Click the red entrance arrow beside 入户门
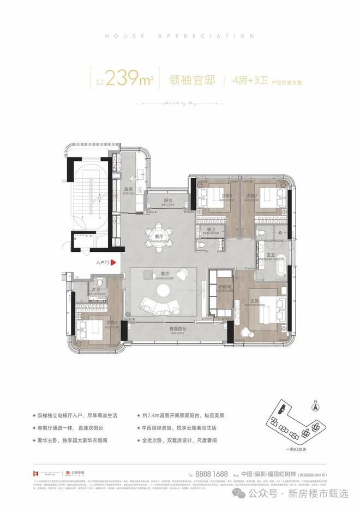(113, 263)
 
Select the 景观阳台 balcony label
(178, 330)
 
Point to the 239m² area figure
(130, 80)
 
